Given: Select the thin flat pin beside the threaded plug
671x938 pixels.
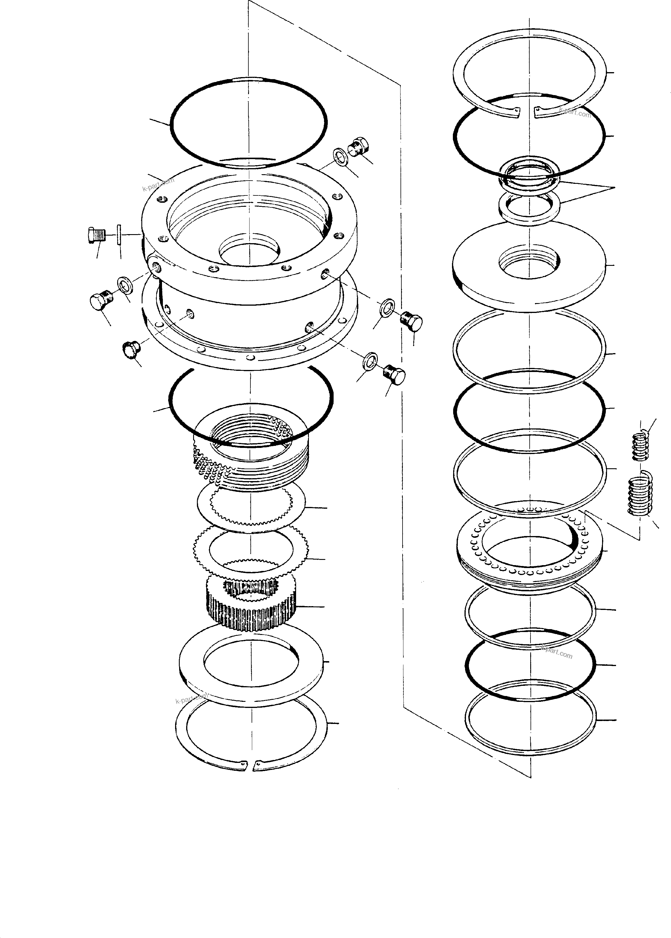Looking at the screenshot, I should pyautogui.click(x=119, y=235).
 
